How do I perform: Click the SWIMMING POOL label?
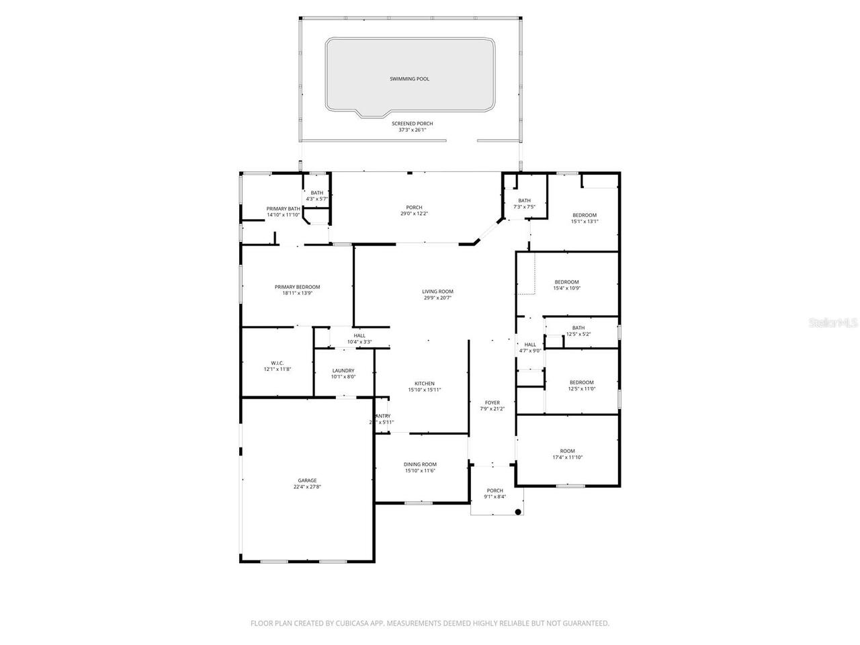point(409,79)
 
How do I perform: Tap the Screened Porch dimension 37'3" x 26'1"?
point(412,130)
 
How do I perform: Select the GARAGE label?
point(307,480)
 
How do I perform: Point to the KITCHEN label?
point(424,384)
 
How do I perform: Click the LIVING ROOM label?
point(437,292)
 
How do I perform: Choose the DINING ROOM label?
point(420,464)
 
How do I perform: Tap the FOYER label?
point(492,402)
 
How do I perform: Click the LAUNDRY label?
point(343,371)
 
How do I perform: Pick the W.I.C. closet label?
point(277,363)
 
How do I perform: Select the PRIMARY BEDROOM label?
point(297,287)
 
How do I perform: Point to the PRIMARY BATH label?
point(283,209)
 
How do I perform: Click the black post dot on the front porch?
point(518,512)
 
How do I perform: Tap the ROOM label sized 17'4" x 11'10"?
point(567,451)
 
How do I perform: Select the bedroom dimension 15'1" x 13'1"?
point(584,221)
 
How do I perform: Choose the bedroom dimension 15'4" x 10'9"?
point(566,288)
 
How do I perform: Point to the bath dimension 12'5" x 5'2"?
point(578,334)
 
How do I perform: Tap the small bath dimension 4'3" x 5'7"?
point(316,199)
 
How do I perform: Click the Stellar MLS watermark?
point(833,323)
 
